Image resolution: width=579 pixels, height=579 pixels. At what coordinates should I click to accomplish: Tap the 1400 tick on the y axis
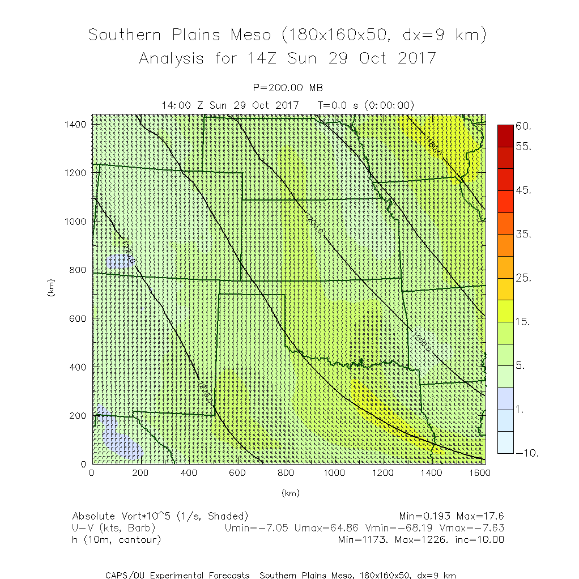[x=76, y=124]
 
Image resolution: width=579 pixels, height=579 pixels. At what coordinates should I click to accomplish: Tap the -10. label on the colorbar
[x=526, y=453]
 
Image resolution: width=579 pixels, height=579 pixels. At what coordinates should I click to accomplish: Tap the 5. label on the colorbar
[x=521, y=365]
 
